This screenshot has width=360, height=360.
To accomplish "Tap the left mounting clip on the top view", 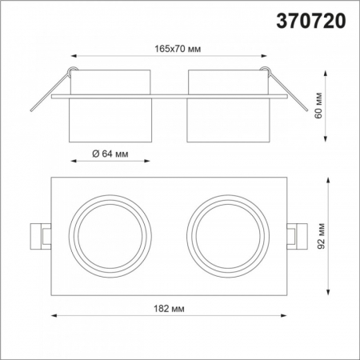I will pos(40,234).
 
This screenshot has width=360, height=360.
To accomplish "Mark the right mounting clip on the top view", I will pos(299,234).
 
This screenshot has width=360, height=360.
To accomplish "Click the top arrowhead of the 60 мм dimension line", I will pos(327,71).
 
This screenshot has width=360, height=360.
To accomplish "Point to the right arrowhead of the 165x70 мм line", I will pos(265,57).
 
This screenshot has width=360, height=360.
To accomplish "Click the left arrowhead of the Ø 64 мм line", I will pos(74,161).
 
